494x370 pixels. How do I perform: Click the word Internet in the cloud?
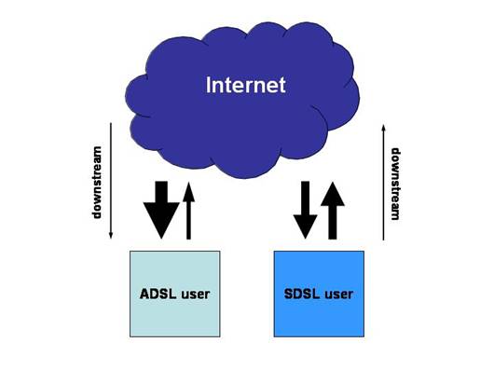click(245, 87)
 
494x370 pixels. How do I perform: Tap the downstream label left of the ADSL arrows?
click(96, 182)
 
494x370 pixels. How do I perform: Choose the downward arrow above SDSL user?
click(304, 210)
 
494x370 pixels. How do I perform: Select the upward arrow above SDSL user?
click(333, 209)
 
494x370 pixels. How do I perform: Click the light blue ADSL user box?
click(175, 293)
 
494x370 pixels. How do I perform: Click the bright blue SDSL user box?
click(318, 293)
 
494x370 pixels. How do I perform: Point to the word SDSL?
click(300, 294)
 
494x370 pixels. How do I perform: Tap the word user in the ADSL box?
click(195, 294)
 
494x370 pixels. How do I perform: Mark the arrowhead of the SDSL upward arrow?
click(333, 192)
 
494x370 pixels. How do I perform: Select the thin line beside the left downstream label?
click(111, 182)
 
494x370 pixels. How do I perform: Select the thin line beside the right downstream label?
click(383, 184)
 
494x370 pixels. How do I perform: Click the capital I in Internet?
click(208, 87)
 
